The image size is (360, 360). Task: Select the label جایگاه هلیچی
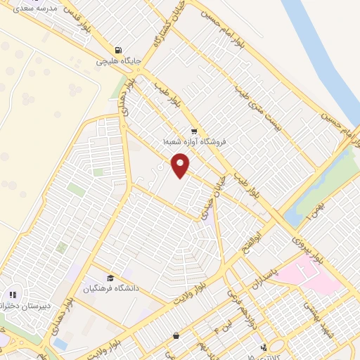120,61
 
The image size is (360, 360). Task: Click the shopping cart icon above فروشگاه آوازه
193,131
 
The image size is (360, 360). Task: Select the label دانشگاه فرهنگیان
108,288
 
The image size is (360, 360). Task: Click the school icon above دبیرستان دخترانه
13,295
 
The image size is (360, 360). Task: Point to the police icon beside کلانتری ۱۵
264,346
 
